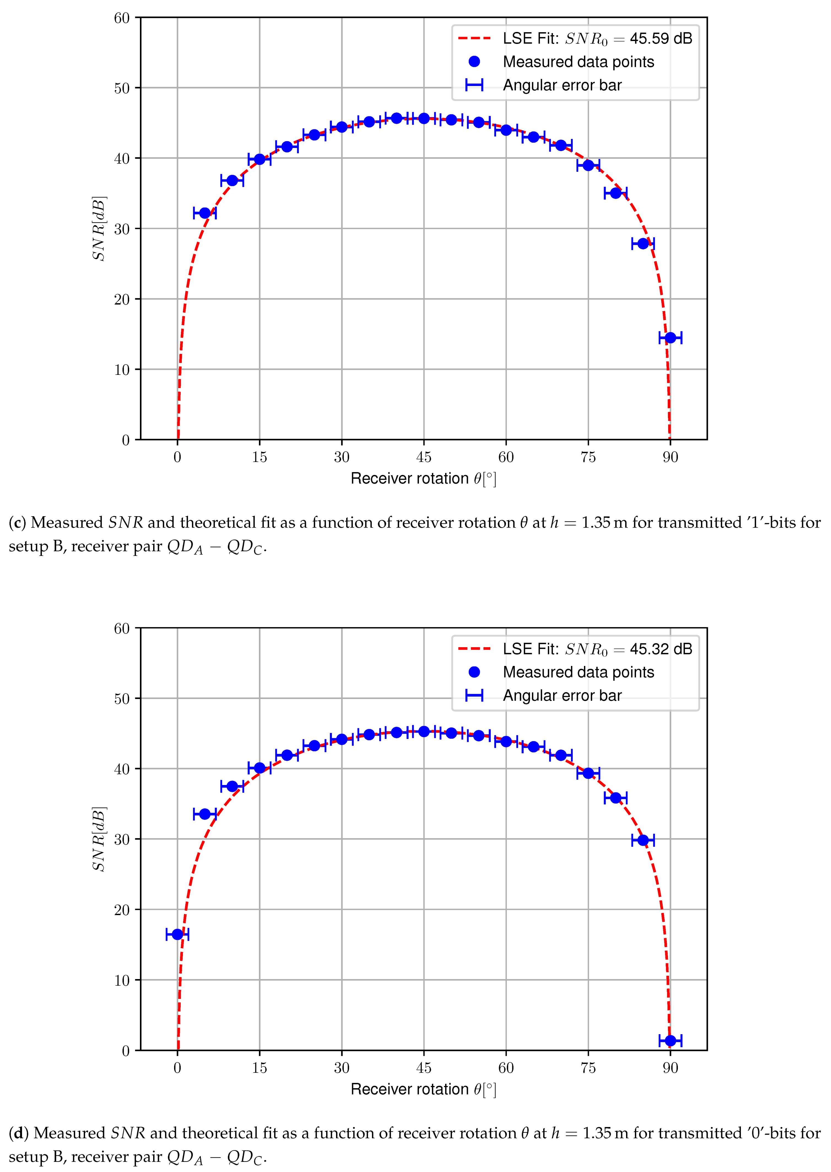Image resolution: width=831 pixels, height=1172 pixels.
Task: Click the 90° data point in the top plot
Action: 670,337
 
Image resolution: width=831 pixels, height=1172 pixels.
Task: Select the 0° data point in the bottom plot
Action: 178,934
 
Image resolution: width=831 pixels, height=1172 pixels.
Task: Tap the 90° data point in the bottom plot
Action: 670,1041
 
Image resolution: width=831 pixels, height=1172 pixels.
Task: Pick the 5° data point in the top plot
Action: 205,213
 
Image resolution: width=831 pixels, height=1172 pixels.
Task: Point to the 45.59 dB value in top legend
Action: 661,38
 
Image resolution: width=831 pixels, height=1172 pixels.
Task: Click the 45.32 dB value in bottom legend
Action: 661,649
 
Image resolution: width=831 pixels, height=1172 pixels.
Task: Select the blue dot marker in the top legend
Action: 474,61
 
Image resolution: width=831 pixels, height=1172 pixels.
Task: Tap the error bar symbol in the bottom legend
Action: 474,695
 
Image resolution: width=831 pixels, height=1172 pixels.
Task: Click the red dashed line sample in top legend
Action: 474,38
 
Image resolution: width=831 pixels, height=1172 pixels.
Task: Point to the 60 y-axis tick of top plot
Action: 122,18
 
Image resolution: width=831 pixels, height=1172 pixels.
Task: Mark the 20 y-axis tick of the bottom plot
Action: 122,910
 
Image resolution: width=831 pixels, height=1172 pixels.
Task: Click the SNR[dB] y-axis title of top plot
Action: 99,228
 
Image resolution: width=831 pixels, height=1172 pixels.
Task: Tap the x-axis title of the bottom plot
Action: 423,1089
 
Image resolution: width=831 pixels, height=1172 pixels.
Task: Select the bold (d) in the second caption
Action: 18,1133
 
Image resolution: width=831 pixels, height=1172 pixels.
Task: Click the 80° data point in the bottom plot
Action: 616,798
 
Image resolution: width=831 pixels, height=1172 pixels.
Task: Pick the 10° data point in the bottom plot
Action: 232,786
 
